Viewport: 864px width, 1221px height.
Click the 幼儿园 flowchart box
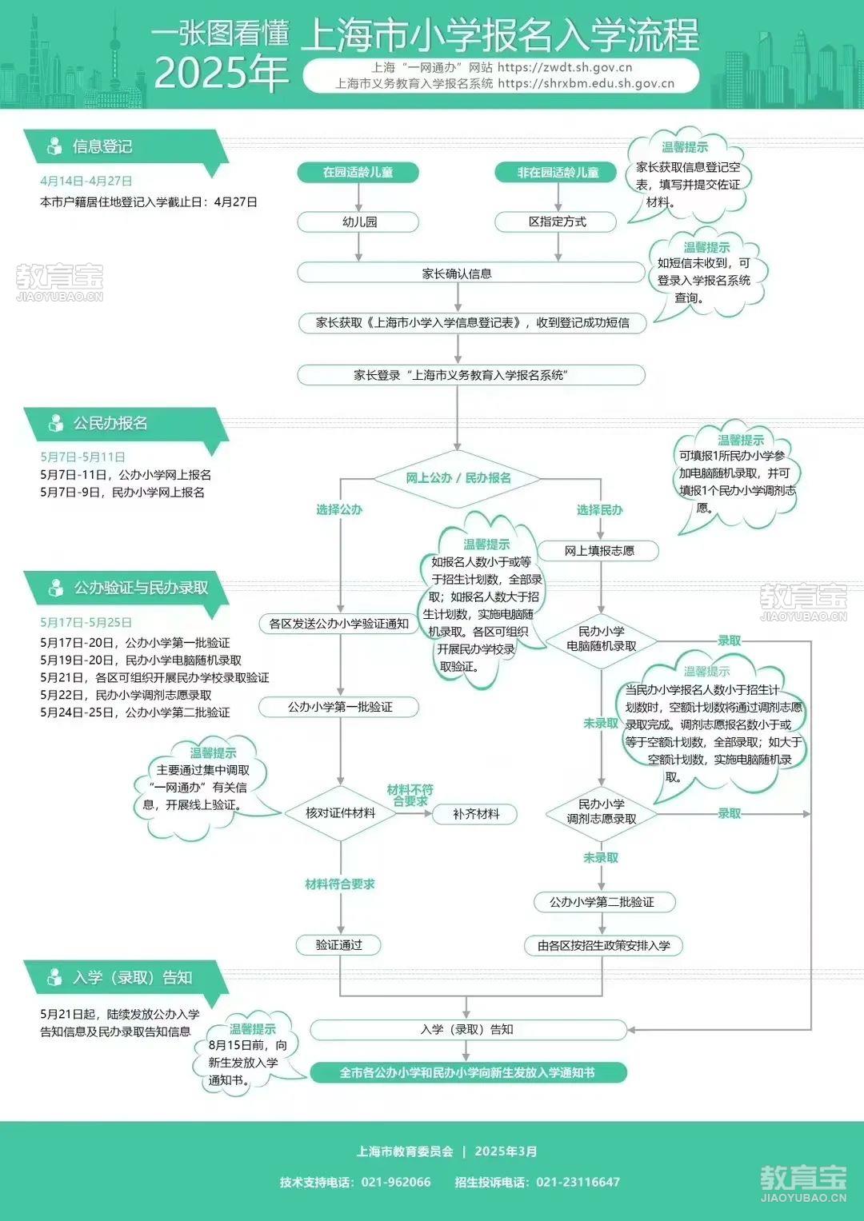pyautogui.click(x=358, y=221)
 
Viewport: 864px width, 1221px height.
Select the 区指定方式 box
pyautogui.click(x=556, y=221)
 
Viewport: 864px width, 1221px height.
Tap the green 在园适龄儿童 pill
pyautogui.click(x=358, y=172)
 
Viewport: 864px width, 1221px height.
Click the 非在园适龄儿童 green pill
pyautogui.click(x=556, y=172)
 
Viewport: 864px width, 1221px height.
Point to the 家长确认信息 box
pyautogui.click(x=471, y=273)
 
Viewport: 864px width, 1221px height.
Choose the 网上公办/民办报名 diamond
pyautogui.click(x=458, y=479)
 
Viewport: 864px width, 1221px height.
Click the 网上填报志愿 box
pyautogui.click(x=599, y=551)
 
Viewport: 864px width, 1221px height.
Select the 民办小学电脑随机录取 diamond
pyautogui.click(x=601, y=640)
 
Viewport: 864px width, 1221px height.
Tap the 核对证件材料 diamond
pyautogui.click(x=340, y=813)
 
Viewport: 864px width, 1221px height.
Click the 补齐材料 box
pyautogui.click(x=475, y=814)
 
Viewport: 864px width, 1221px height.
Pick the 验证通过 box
pyautogui.click(x=338, y=945)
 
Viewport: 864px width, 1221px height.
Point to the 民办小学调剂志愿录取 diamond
pyautogui.click(x=601, y=813)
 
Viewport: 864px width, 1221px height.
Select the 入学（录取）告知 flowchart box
pyautogui.click(x=468, y=1030)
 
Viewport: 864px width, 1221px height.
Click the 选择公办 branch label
pyautogui.click(x=339, y=509)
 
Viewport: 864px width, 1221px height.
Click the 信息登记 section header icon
pyautogui.click(x=54, y=146)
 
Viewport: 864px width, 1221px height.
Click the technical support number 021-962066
pyautogui.click(x=396, y=1182)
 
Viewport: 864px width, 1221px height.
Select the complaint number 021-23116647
pyautogui.click(x=578, y=1182)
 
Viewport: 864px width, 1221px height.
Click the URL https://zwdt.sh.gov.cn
pyautogui.click(x=565, y=68)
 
